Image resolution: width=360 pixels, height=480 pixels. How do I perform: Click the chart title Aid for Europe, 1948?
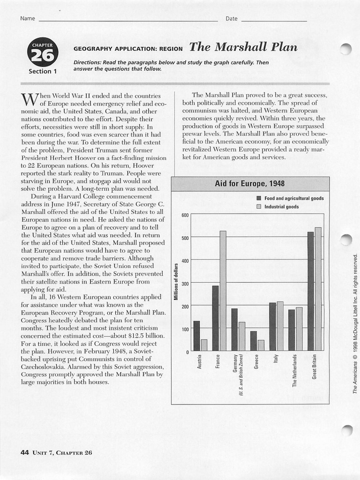pyautogui.click(x=249, y=183)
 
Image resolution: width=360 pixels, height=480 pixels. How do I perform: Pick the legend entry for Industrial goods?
pyautogui.click(x=281, y=207)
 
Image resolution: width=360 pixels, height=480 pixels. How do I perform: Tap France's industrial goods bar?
pyautogui.click(x=223, y=291)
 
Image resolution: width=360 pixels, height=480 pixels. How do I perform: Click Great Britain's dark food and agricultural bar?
pyautogui.click(x=310, y=291)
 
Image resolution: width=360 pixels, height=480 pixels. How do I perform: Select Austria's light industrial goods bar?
pyautogui.click(x=204, y=345)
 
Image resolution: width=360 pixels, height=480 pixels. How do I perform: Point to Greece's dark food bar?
pyautogui.click(x=254, y=341)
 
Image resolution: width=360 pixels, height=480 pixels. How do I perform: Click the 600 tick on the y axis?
pyautogui.click(x=184, y=215)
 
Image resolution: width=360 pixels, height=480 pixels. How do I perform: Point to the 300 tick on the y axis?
pyautogui.click(x=184, y=284)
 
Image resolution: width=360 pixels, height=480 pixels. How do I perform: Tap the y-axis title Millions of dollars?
pyautogui.click(x=176, y=282)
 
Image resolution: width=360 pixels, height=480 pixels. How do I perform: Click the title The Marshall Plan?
pyautogui.click(x=243, y=47)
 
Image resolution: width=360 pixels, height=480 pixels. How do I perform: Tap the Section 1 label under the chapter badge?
pyautogui.click(x=43, y=72)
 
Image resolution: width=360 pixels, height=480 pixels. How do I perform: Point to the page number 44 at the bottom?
pyautogui.click(x=25, y=452)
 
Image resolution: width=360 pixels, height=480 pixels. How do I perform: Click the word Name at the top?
pyautogui.click(x=28, y=19)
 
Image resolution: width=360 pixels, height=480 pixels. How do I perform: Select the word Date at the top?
pyautogui.click(x=232, y=19)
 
